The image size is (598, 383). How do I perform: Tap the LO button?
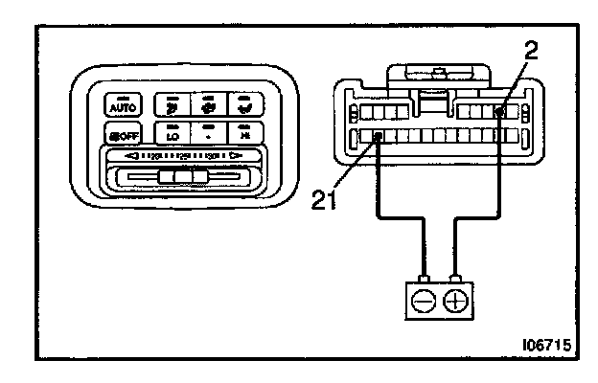click(173, 134)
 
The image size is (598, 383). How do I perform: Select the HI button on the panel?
click(244, 134)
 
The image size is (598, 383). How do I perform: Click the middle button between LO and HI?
click(209, 134)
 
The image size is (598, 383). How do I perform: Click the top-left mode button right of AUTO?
click(173, 103)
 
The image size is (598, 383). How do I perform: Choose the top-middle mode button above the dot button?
click(209, 103)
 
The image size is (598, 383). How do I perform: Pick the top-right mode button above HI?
click(244, 103)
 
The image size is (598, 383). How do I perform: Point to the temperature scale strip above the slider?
click(182, 156)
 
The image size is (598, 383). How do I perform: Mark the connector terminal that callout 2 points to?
click(499, 113)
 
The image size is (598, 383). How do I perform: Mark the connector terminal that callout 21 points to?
click(379, 136)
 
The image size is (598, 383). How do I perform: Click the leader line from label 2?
click(516, 85)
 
